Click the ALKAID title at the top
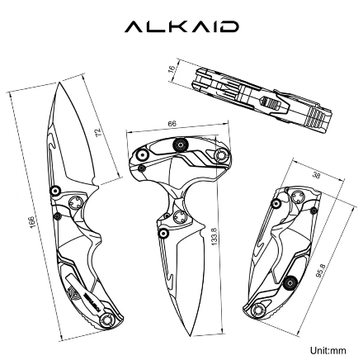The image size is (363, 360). (x=181, y=27)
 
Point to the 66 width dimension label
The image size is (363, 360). (x=172, y=124)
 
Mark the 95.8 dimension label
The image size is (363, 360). (x=319, y=270)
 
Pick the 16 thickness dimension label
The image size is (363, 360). (x=172, y=70)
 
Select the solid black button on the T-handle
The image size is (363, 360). (x=179, y=146)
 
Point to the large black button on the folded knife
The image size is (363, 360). (x=290, y=283)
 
